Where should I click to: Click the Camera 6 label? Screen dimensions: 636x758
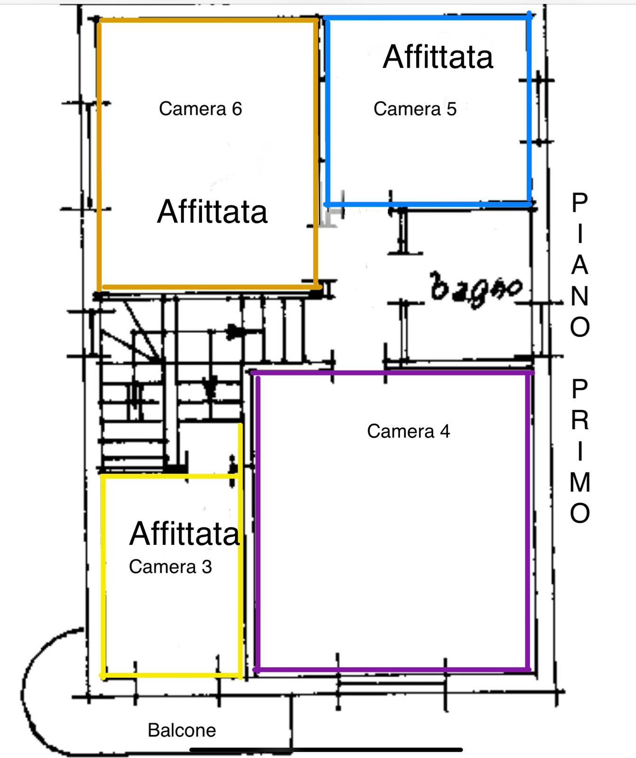[x=200, y=108]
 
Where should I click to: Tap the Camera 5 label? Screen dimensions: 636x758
[x=415, y=108]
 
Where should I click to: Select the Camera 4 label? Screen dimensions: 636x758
[x=409, y=431]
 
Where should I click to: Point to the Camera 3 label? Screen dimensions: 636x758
[x=170, y=567]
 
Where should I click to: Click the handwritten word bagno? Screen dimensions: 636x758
[x=476, y=289]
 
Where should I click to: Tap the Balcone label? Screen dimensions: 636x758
[x=182, y=730]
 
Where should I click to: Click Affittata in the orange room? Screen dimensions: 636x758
[x=212, y=211]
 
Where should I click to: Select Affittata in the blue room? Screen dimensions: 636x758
[x=438, y=57]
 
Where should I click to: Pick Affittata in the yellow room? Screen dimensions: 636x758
[x=184, y=533]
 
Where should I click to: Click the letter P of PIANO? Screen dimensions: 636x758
[x=580, y=203]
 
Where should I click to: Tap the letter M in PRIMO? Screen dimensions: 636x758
[x=580, y=482]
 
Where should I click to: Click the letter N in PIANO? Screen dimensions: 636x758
[x=580, y=296]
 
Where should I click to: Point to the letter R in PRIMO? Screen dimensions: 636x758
[x=580, y=420]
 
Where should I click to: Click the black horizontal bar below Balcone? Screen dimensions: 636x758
[x=326, y=750]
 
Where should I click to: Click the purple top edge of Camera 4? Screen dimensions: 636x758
[x=392, y=373]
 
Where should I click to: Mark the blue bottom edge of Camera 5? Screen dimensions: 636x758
[x=428, y=204]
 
